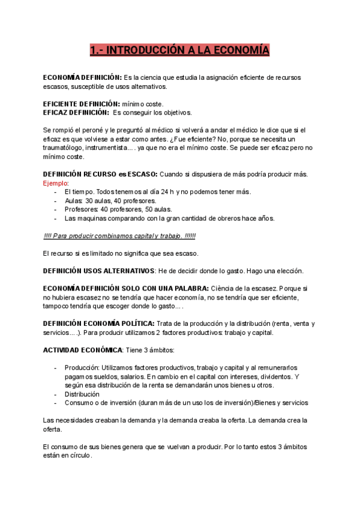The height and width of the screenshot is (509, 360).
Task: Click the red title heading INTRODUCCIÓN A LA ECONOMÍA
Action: tap(179, 50)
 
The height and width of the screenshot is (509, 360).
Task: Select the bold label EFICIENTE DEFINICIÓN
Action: tap(81, 104)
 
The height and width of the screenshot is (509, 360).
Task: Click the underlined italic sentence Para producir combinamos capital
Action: tap(119, 236)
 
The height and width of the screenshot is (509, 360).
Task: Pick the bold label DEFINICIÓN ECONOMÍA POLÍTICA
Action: tap(99, 324)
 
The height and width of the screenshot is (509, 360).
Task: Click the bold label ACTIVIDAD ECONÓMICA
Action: tap(82, 349)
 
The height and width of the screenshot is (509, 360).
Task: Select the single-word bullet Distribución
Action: tap(82, 394)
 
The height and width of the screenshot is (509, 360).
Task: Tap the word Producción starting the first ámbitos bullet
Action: tap(82, 367)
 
